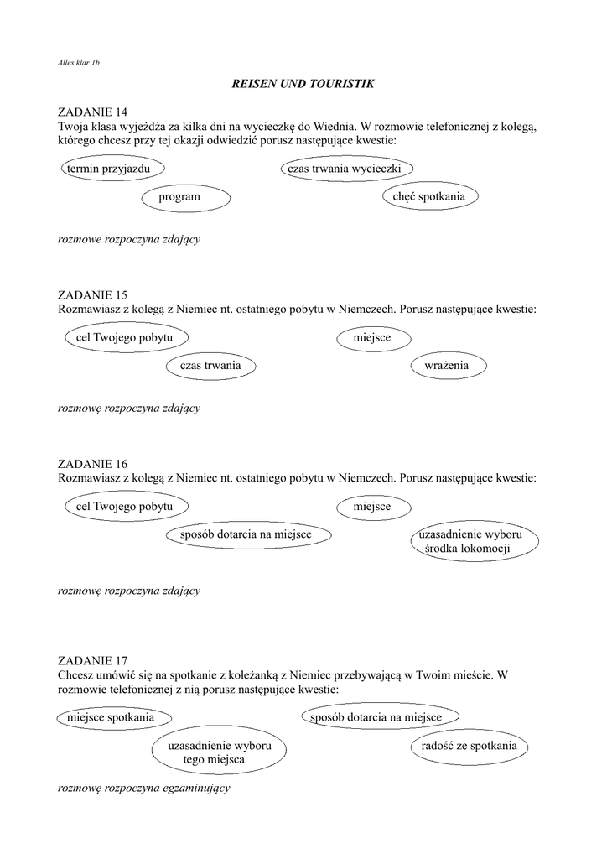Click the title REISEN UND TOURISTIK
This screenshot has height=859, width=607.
coord(302,84)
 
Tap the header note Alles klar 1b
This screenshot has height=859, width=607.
coord(79,63)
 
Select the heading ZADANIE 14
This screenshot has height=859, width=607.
coord(93,112)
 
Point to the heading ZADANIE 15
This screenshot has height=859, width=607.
coord(93,295)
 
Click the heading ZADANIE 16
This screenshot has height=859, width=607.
coord(93,464)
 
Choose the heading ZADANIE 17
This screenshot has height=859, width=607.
coord(93,661)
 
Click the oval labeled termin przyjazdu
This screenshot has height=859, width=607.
coord(112,169)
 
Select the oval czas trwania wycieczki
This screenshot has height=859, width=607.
coord(345,169)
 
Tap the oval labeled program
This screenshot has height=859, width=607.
coord(180,197)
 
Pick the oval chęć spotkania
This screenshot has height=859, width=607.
coord(429,196)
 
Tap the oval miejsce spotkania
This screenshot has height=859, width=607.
coord(112,718)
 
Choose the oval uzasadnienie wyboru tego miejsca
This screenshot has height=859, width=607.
coord(218,752)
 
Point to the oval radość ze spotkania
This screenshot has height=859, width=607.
coord(464,746)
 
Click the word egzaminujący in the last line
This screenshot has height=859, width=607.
coord(194,789)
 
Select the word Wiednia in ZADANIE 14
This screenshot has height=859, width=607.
coord(339,126)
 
